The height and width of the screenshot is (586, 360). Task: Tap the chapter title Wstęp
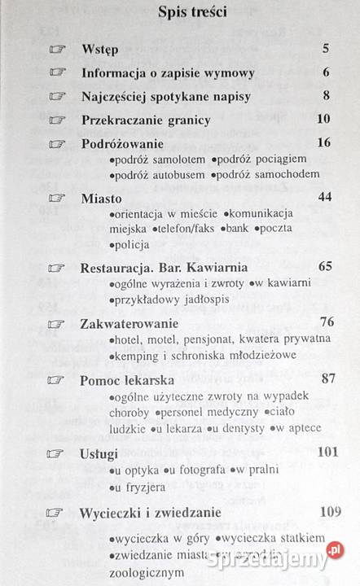(100, 49)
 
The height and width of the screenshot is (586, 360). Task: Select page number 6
(325, 72)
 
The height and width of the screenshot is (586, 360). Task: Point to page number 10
(323, 120)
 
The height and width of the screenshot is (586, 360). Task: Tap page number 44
(323, 197)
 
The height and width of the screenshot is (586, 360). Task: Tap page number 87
(323, 378)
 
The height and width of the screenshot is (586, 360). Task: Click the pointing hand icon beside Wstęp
(56, 50)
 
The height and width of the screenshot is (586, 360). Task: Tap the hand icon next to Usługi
(56, 453)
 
